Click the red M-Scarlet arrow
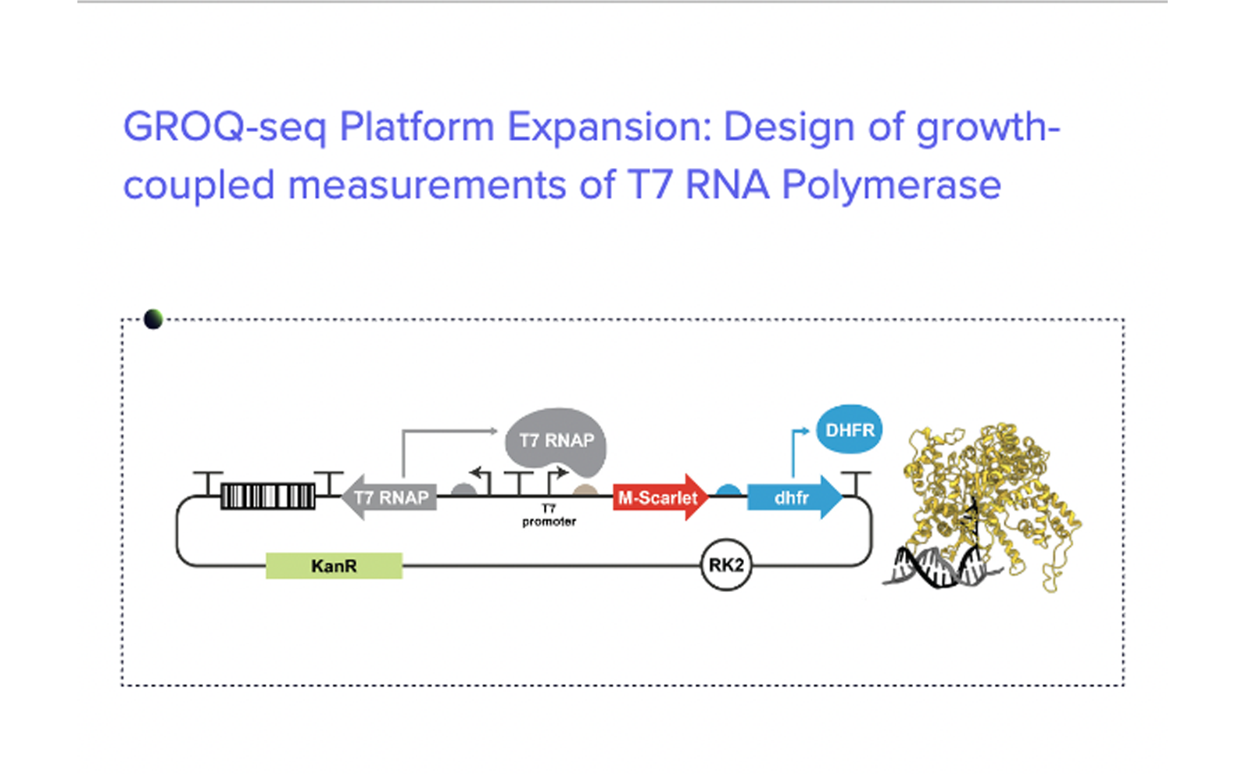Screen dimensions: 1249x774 pyautogui.click(x=660, y=497)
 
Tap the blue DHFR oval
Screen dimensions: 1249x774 pyautogui.click(x=849, y=429)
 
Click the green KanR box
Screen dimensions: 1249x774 pyautogui.click(x=334, y=566)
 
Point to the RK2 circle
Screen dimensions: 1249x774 pyautogui.click(x=726, y=565)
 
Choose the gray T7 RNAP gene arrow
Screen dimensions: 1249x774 pyautogui.click(x=388, y=497)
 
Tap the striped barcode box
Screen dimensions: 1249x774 pyautogui.click(x=267, y=496)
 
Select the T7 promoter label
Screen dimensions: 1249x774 pyautogui.click(x=549, y=515)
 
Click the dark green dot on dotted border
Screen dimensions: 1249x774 pyautogui.click(x=152, y=319)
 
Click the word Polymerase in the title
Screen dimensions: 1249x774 pyautogui.click(x=891, y=185)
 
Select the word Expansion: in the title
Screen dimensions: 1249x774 pyautogui.click(x=609, y=127)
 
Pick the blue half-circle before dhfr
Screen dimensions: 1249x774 pyautogui.click(x=728, y=491)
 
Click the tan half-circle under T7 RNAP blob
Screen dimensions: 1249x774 pyautogui.click(x=585, y=491)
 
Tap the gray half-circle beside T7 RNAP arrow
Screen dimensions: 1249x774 pyautogui.click(x=464, y=491)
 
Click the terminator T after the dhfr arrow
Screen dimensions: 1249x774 pyautogui.click(x=856, y=483)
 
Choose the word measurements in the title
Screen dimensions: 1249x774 pyautogui.click(x=427, y=185)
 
